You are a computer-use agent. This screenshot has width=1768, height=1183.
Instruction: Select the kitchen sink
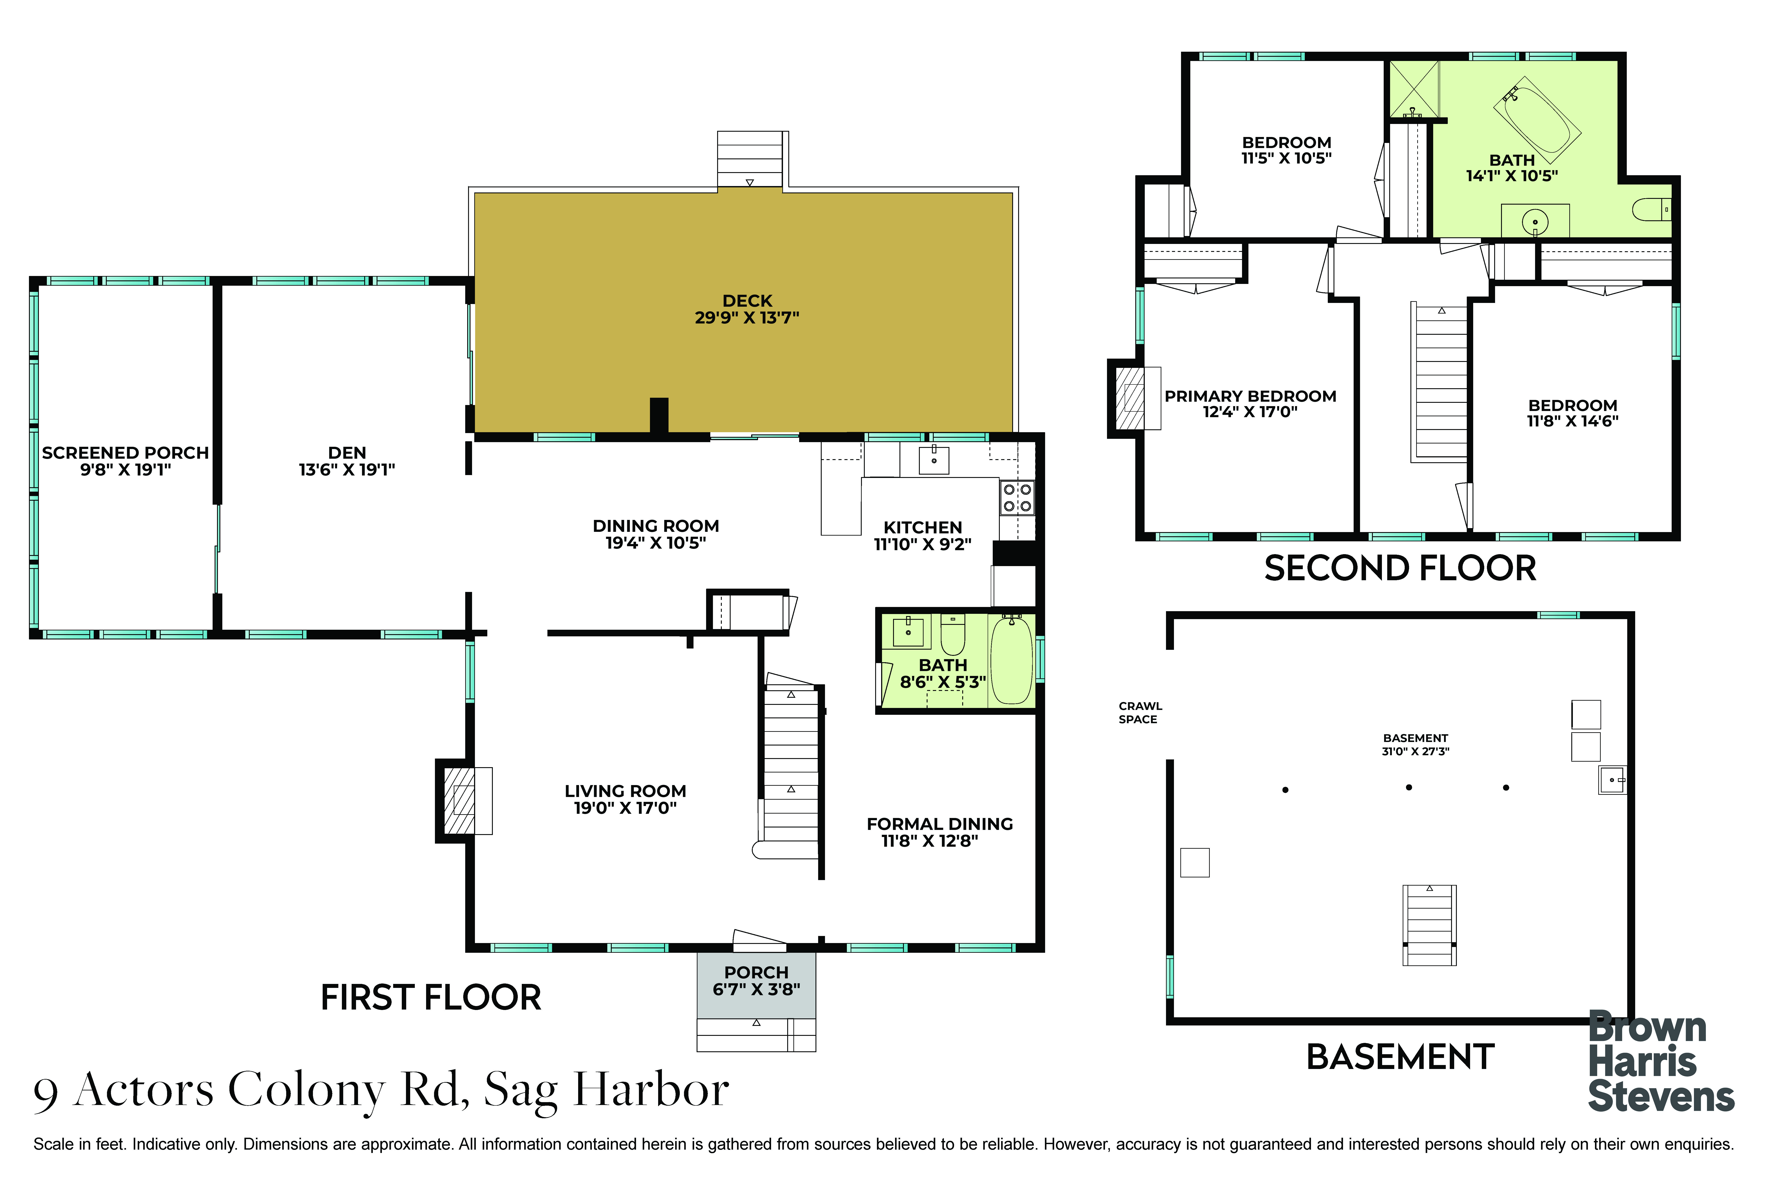[934, 459]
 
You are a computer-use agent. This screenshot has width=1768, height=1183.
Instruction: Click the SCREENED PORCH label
[125, 453]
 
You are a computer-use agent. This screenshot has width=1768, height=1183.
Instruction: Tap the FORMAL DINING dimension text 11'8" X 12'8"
[930, 841]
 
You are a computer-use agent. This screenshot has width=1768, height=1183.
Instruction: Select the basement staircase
[1429, 925]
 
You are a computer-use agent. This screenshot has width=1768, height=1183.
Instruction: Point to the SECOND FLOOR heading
[1400, 568]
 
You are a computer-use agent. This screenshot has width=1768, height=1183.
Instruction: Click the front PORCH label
[756, 972]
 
